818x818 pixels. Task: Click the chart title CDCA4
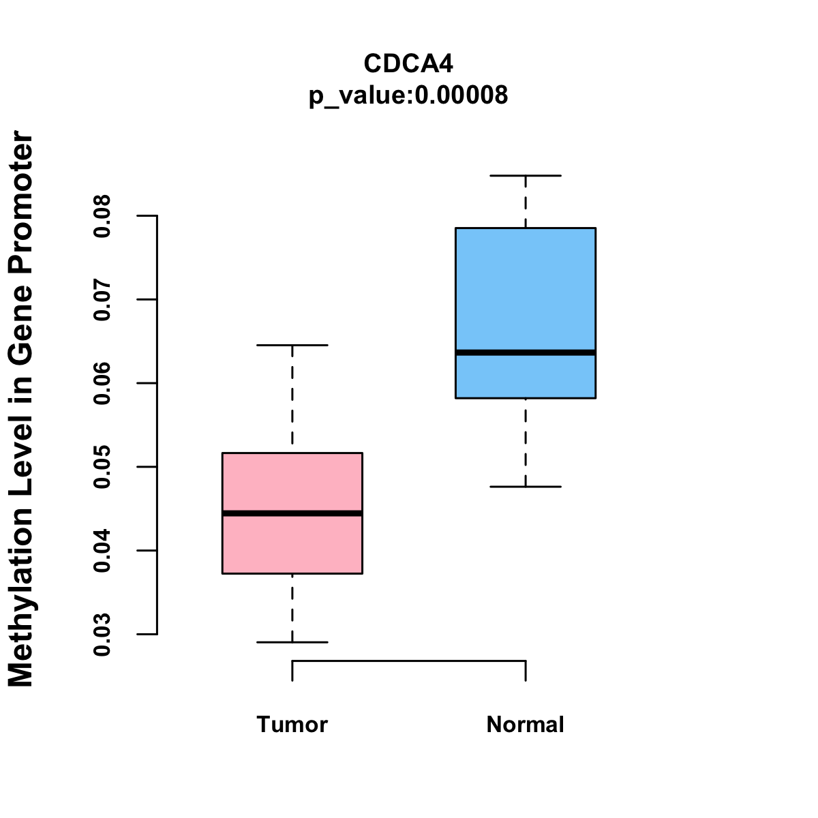point(408,63)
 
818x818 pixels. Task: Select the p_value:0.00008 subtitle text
point(408,95)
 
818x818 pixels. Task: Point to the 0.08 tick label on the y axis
point(102,216)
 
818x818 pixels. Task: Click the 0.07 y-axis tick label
point(102,300)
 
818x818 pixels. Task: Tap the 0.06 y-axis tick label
point(102,384)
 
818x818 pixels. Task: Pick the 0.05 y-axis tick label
point(102,468)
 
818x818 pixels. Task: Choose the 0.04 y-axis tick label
point(102,551)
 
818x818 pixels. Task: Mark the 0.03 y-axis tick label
point(102,635)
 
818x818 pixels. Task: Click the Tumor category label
point(292,724)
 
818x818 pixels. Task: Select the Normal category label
point(526,724)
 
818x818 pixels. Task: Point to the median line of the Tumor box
point(292,513)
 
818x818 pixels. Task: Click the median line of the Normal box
point(526,352)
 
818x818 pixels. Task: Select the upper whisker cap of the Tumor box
point(292,346)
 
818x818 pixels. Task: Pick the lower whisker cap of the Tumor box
point(292,642)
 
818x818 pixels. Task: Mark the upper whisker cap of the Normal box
point(526,176)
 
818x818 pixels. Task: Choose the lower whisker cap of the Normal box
point(526,487)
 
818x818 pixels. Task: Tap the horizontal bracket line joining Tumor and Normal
point(409,661)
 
